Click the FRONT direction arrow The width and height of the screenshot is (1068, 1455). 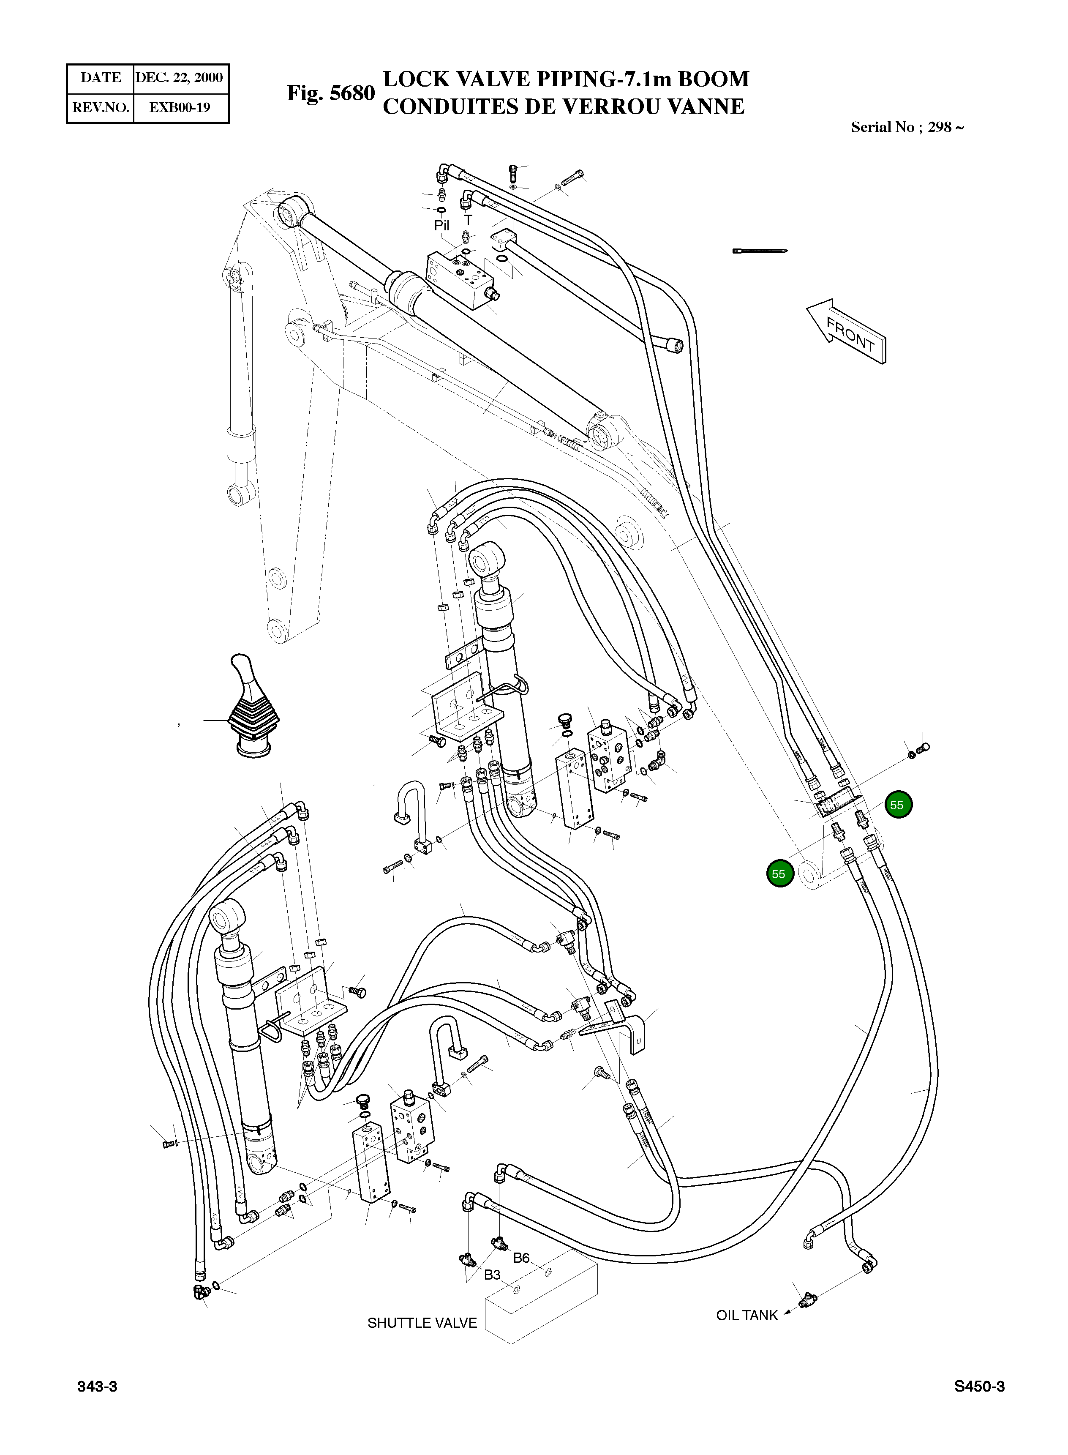(x=846, y=330)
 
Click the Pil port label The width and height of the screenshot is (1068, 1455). (x=441, y=226)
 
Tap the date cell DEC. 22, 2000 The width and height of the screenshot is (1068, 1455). (x=179, y=78)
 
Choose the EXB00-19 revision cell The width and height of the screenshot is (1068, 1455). (x=179, y=107)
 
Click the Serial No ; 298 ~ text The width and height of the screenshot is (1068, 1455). (x=907, y=127)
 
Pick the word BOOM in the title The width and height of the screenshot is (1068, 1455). (x=713, y=79)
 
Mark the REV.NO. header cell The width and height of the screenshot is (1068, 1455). (x=100, y=107)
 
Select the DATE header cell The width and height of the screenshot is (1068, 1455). (x=100, y=78)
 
